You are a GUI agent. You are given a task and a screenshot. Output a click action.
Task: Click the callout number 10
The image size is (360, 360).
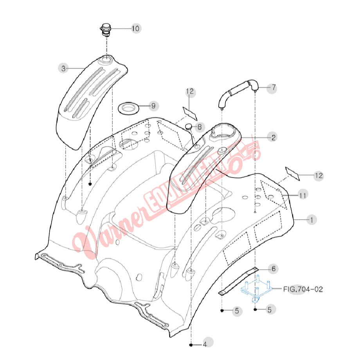point(135,29)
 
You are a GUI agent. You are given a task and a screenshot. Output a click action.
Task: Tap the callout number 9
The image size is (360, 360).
point(153,106)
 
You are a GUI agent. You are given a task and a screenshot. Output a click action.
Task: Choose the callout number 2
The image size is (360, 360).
point(273,137)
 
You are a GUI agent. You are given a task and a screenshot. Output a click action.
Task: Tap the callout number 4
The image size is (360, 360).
point(204,345)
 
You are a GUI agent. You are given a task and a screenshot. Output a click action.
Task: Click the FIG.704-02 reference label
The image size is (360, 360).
point(303,290)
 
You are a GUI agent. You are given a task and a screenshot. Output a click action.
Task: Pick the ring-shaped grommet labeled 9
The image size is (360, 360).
point(128,107)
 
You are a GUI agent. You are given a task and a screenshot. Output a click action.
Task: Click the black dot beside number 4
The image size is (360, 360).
point(191,345)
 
